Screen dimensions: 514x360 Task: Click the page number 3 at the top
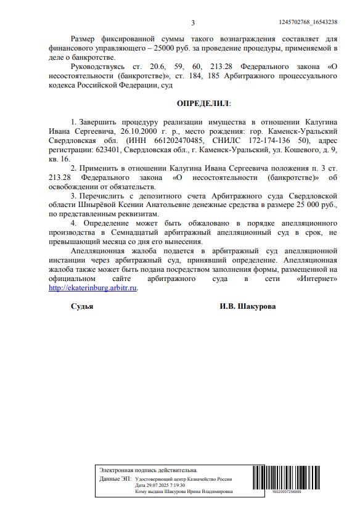point(193,23)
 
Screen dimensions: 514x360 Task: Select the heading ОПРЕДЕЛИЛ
point(203,103)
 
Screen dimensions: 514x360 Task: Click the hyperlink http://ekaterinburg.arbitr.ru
point(93,287)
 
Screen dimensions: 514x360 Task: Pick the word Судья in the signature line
point(82,306)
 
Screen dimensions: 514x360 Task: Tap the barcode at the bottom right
point(289,479)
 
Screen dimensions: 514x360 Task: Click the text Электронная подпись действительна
point(149,470)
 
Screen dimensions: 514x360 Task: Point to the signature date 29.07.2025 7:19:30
point(163,485)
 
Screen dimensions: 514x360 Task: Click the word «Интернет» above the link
point(316,279)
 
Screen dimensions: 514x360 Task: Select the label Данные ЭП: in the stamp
point(115,478)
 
